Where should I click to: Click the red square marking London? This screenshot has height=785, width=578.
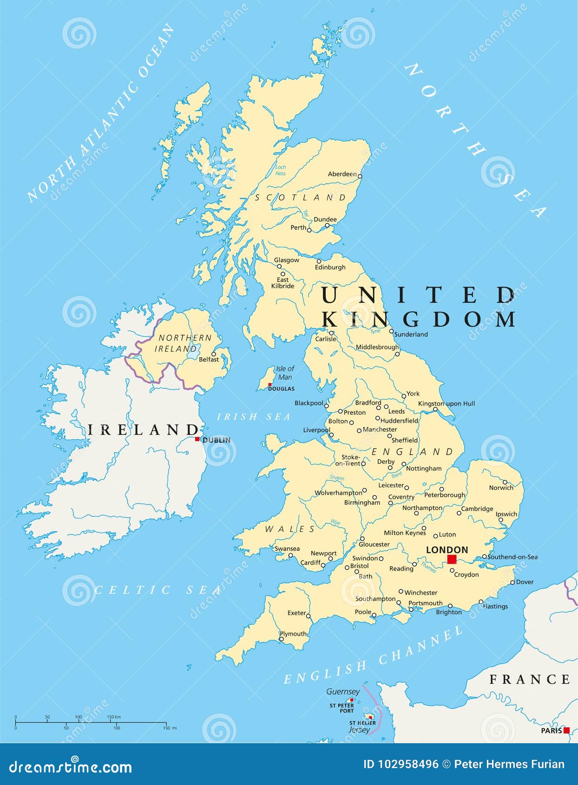(x=452, y=559)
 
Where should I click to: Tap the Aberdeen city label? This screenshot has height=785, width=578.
(x=342, y=174)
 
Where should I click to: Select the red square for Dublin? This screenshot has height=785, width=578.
(x=197, y=439)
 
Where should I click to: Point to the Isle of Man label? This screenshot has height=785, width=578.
(x=285, y=373)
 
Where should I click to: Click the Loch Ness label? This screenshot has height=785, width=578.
(x=281, y=170)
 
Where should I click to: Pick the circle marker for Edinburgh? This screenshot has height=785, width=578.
(x=319, y=261)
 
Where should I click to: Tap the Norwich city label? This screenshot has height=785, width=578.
(x=501, y=488)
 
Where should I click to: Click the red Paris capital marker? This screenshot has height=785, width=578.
(x=566, y=730)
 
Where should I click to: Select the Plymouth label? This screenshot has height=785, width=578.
(x=293, y=634)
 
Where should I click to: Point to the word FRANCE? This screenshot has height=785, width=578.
(x=530, y=680)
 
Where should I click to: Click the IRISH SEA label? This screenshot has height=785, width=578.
(x=254, y=417)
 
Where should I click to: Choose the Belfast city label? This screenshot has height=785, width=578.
(x=209, y=359)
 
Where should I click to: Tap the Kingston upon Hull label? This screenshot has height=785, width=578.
(x=447, y=404)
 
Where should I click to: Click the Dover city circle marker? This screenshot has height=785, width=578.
(x=512, y=582)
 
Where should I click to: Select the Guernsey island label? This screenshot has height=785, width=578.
(x=343, y=692)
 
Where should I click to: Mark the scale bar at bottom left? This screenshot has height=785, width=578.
(x=91, y=723)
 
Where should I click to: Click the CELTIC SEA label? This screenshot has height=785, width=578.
(x=158, y=590)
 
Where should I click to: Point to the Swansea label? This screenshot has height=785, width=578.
(x=287, y=549)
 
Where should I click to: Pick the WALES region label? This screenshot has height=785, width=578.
(x=290, y=529)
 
